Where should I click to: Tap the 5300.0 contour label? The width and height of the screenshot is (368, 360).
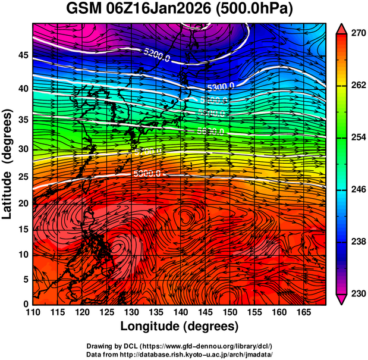[221, 86]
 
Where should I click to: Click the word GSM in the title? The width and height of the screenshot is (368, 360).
[83, 10]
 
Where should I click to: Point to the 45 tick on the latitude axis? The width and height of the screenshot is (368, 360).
[21, 55]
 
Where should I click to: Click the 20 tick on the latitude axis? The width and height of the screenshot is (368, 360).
[21, 204]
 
